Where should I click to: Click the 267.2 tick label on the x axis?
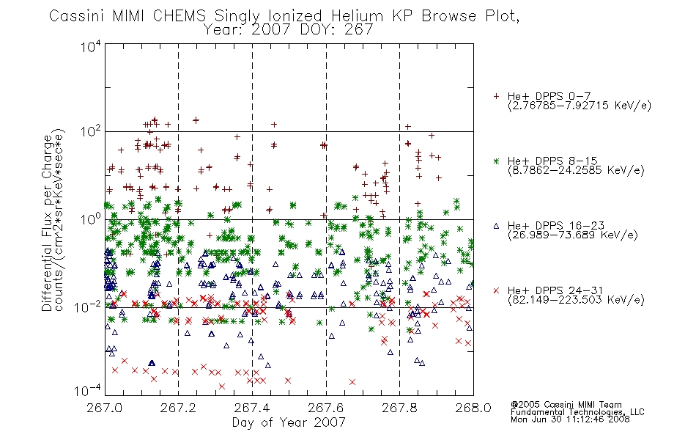coord(178,408)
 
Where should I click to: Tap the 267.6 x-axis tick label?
coord(325,408)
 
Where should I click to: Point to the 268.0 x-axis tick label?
coord(473,408)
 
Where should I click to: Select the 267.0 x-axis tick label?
coord(104,408)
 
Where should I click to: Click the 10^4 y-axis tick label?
coord(91,47)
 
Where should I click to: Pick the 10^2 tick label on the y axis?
coord(91,132)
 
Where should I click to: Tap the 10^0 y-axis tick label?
coord(91,220)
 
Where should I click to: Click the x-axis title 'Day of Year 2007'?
coord(289,422)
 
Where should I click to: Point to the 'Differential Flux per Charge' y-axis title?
coord(48,223)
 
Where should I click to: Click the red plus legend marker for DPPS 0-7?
coord(496,96)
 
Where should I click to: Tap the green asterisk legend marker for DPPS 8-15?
coord(496,161)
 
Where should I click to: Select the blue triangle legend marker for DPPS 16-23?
coord(496,226)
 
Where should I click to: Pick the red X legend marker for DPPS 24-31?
coord(496,290)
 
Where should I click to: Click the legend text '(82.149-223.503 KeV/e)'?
coord(576,300)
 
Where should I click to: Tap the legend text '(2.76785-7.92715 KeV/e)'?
coord(580,106)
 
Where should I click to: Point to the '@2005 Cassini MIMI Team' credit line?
coord(566,405)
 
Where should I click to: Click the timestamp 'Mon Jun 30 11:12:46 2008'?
coord(570,419)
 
